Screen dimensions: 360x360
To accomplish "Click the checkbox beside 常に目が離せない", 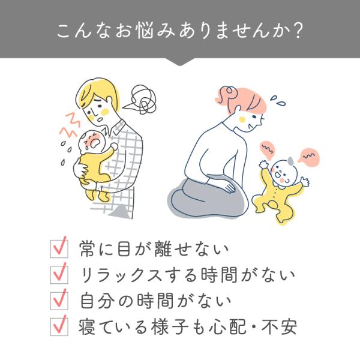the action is pyautogui.click(x=59, y=249).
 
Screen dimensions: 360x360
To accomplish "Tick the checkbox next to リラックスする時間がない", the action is pyautogui.click(x=59, y=275).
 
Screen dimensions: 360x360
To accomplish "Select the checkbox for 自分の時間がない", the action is pyautogui.click(x=59, y=301).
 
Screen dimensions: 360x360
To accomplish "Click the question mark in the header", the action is pyautogui.click(x=298, y=31).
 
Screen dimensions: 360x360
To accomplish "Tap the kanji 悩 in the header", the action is pyautogui.click(x=145, y=31).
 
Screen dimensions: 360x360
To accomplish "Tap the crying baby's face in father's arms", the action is pyautogui.click(x=92, y=141).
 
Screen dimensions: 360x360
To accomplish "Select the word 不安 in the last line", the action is pyautogui.click(x=279, y=327).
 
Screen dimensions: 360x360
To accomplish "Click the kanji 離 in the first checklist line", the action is pyautogui.click(x=163, y=249).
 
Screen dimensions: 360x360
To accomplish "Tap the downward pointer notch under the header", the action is pyautogui.click(x=180, y=62).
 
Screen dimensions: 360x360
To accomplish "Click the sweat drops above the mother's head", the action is pyautogui.click(x=277, y=101).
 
